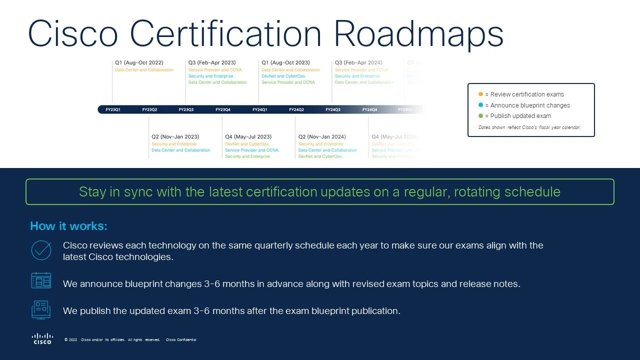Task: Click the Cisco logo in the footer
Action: [42, 338]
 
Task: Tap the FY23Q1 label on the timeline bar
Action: [113, 109]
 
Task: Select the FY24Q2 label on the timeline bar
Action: [296, 109]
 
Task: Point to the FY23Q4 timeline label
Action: [223, 109]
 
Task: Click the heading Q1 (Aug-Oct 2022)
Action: [139, 63]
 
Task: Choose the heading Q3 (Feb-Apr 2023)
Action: [212, 63]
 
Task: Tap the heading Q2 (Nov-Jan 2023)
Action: [175, 136]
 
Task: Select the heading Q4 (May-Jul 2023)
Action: [248, 136]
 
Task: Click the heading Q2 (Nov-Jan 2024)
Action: [322, 136]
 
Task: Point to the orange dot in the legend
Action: [480, 94]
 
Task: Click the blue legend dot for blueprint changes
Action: [480, 105]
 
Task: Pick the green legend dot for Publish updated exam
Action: [480, 116]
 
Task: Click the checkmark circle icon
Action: [41, 250]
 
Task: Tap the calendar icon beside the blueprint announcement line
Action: [41, 280]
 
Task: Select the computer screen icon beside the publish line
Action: [41, 309]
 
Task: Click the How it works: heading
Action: [68, 226]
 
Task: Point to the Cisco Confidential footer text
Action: [181, 340]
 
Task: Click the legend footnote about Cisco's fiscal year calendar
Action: [529, 127]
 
